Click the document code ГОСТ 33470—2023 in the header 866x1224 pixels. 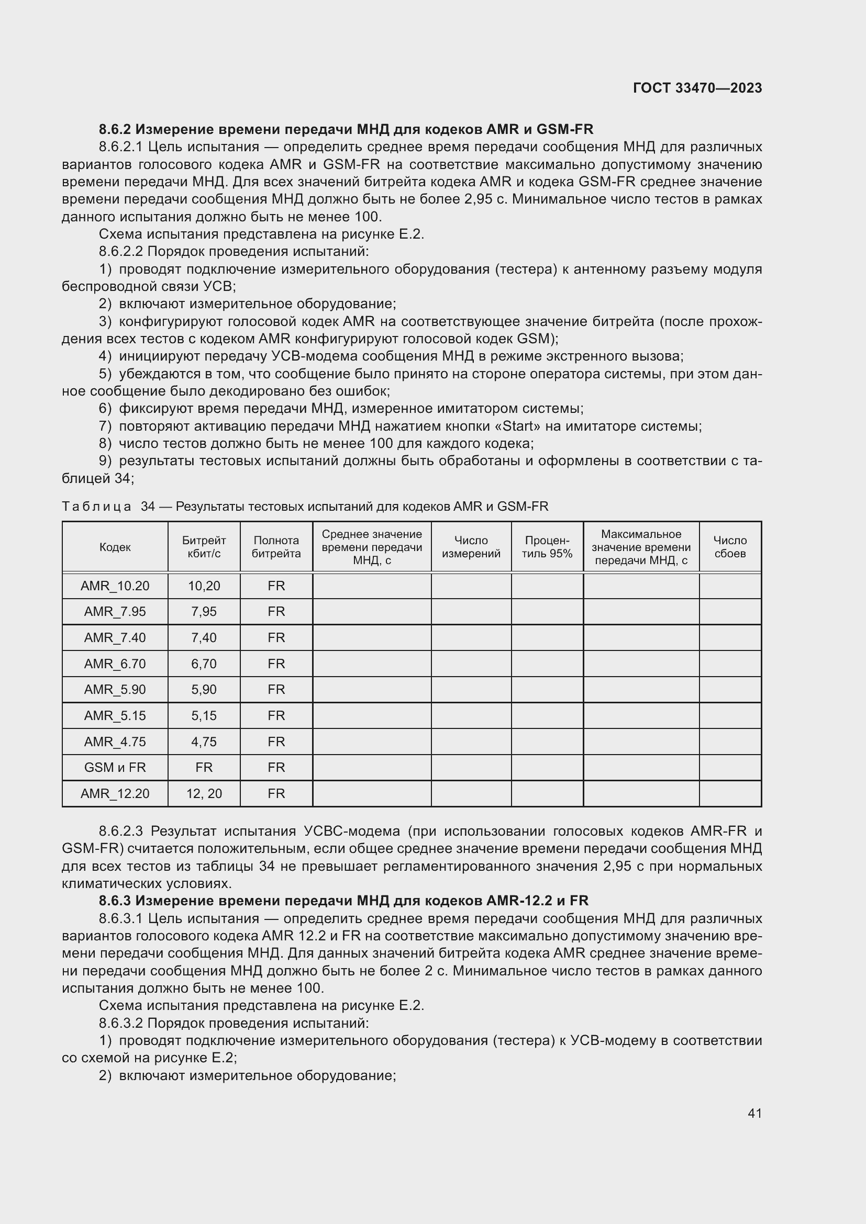pos(697,88)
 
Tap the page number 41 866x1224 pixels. pos(754,1113)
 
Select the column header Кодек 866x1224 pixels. pos(115,547)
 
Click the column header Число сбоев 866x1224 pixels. pos(729,547)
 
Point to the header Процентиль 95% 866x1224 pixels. pos(547,547)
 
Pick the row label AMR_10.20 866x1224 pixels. pos(115,586)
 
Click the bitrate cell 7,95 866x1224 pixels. pos(204,611)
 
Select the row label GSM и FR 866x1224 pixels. pos(115,768)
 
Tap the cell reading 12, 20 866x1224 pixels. pos(204,794)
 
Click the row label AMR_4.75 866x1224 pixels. pos(115,742)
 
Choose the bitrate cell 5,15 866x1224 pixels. pos(204,715)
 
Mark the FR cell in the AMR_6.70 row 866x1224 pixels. pos(276,664)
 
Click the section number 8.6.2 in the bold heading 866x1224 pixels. pos(115,130)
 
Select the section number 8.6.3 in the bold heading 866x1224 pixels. pos(115,901)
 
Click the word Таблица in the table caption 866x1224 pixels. pos(96,507)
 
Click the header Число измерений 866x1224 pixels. pos(471,547)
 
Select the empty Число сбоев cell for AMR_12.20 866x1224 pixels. pos(729,794)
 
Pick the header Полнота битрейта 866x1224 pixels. pos(276,547)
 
